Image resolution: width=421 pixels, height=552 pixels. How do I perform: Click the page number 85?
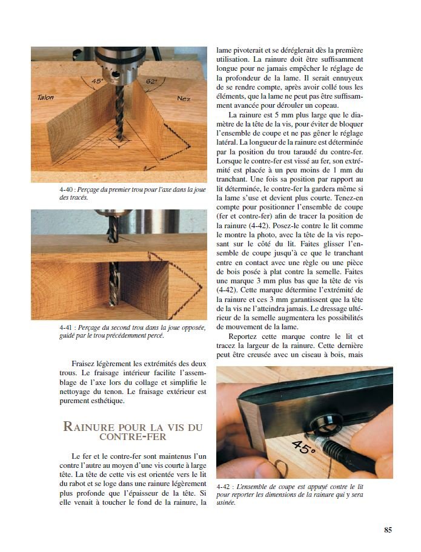[x=388, y=530]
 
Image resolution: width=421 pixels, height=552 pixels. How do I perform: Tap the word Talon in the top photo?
[x=45, y=97]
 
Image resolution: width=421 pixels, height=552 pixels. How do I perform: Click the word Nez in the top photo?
[x=183, y=99]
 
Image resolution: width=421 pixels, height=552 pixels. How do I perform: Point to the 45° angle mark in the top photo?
[x=97, y=81]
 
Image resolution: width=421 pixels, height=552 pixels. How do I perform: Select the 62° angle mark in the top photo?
[x=151, y=80]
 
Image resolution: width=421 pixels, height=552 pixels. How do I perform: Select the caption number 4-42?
[x=223, y=486]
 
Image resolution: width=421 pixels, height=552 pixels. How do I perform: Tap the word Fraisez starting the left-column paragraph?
[x=85, y=363]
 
